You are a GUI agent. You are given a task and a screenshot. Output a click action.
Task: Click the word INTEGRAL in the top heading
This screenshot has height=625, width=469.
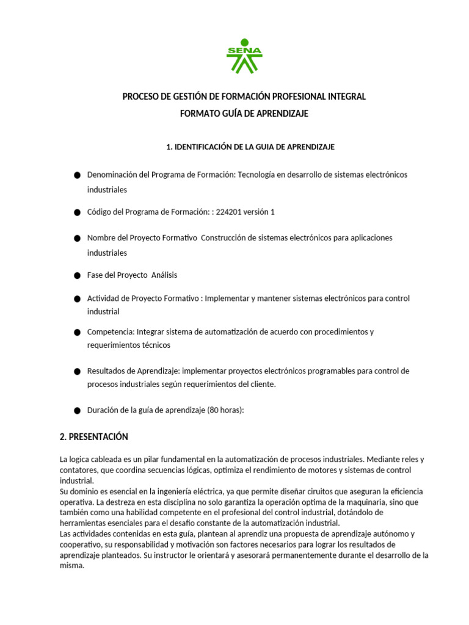tap(346, 97)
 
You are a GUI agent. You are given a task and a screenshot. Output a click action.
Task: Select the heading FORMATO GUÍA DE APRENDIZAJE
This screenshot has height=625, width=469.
tap(244, 114)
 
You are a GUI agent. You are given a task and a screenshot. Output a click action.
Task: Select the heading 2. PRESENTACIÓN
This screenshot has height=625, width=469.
tap(93, 437)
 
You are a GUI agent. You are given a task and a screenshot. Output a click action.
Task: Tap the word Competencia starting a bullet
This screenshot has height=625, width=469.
tap(111, 331)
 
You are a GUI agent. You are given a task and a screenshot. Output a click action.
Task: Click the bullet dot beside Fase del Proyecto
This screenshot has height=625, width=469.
tap(77, 276)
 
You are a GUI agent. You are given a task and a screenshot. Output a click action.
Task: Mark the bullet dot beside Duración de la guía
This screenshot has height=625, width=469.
tap(77, 411)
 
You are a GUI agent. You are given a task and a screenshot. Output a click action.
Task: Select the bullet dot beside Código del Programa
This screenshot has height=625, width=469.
tap(77, 213)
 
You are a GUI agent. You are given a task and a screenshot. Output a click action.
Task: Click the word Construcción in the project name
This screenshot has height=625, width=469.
tap(224, 237)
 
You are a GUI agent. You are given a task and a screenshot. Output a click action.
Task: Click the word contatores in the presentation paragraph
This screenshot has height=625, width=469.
tap(79, 470)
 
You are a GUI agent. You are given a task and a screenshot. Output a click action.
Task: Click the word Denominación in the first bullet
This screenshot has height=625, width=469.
tap(112, 175)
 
